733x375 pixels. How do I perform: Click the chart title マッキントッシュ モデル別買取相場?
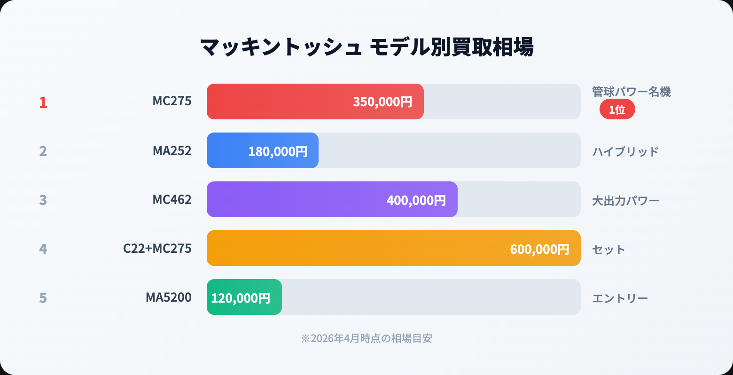366,47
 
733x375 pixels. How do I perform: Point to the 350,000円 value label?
382,102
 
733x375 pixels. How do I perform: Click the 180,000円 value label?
278,151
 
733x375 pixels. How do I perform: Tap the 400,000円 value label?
416,200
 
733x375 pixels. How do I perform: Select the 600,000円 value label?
540,249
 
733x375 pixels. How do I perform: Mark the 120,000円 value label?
241,298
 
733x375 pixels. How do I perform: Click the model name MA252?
172,151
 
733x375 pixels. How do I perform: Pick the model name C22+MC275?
157,249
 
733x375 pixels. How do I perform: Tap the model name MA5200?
169,297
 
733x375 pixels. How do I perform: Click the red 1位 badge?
617,109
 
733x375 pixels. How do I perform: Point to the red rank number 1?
43,102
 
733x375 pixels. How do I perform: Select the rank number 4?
43,249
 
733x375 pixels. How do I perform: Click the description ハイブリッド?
625,152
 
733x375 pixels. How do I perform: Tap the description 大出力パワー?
625,201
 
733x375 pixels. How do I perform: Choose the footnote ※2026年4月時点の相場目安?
366,338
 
